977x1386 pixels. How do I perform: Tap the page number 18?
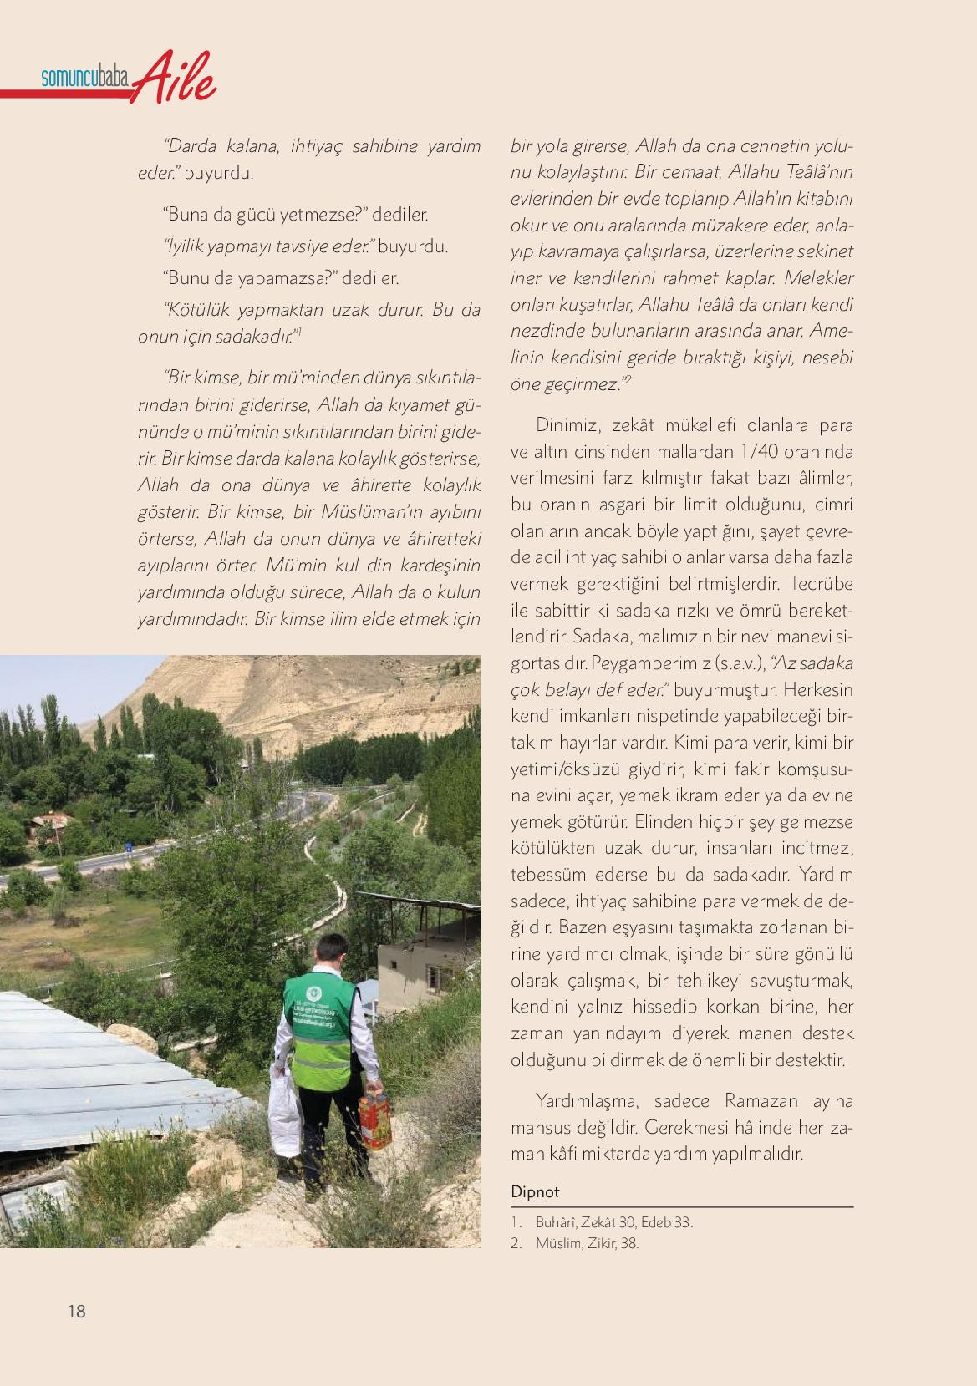point(77,1311)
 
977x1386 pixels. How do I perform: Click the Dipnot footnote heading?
point(535,1191)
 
